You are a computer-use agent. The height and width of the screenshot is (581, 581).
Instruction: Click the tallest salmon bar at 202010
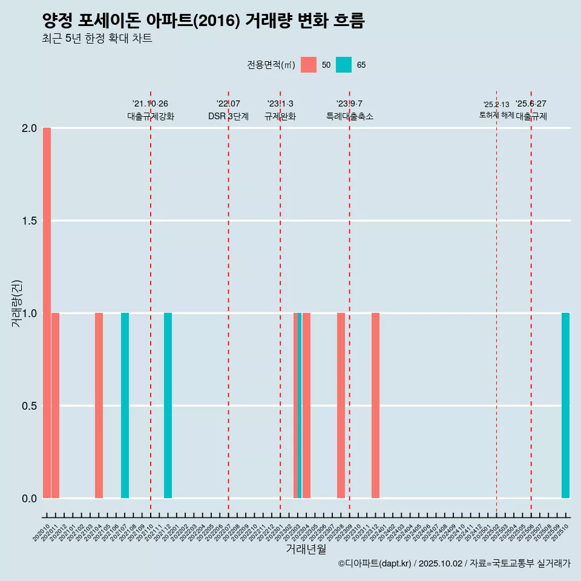47,313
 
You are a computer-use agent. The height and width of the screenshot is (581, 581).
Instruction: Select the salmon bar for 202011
55,405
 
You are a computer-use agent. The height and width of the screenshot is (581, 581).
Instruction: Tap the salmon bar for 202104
99,405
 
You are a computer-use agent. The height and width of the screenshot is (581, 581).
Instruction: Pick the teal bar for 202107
125,405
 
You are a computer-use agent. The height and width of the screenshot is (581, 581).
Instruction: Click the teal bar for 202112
168,405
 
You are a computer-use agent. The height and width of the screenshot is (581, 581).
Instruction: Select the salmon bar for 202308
341,405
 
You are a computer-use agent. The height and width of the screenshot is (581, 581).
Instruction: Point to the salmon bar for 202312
375,405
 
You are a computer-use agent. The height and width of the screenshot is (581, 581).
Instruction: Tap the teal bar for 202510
565,405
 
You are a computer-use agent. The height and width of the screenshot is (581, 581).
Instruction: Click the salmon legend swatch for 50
309,65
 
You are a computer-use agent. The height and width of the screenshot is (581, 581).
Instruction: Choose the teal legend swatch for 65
344,65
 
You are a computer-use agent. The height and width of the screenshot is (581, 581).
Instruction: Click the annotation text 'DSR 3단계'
228,116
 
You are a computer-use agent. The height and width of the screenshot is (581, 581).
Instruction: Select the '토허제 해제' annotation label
496,115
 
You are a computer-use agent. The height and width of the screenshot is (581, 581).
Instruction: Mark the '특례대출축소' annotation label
350,116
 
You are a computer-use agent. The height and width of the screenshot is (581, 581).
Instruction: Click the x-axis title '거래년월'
306,550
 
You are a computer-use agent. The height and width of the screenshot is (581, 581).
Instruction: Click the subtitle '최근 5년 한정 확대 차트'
97,39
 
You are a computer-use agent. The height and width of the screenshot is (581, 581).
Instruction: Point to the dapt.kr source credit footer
454,563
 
